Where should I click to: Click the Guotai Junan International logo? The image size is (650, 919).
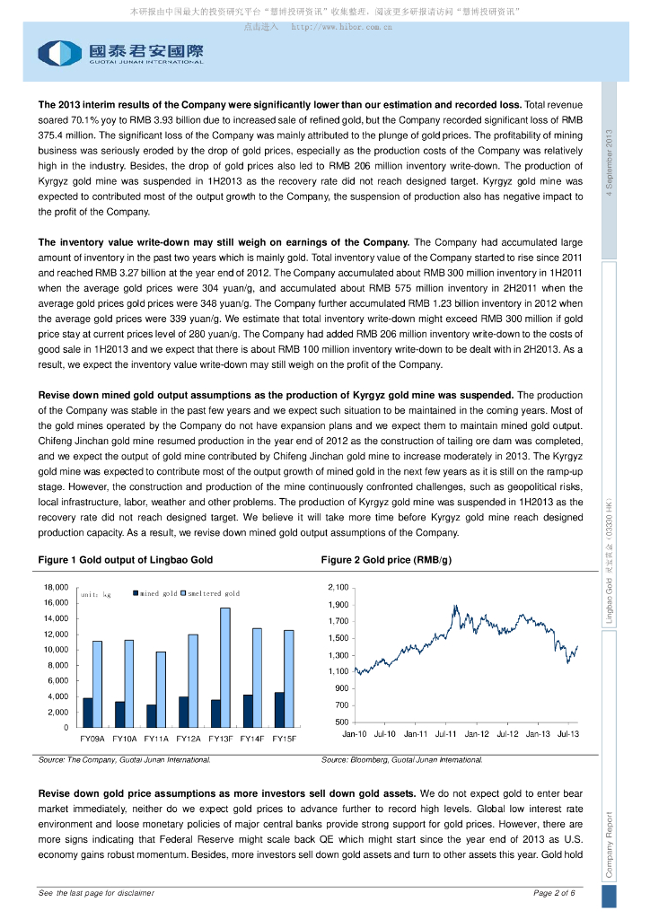point(120,53)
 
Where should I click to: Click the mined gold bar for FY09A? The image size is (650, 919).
point(88,713)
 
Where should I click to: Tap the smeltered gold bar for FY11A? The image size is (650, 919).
point(161,689)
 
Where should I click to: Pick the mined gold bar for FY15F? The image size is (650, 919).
point(279,710)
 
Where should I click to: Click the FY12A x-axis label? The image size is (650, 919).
point(189,738)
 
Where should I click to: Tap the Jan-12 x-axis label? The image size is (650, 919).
point(477,734)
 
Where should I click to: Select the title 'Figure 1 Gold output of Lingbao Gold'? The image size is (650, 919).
point(125,560)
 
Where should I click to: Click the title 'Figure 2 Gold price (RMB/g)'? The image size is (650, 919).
point(386,560)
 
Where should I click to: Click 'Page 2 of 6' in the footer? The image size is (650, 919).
point(554,893)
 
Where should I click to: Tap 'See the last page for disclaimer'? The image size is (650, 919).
point(96,893)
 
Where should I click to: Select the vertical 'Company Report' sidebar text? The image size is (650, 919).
point(610,845)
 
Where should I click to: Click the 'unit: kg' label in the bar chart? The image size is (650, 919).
point(95,595)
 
